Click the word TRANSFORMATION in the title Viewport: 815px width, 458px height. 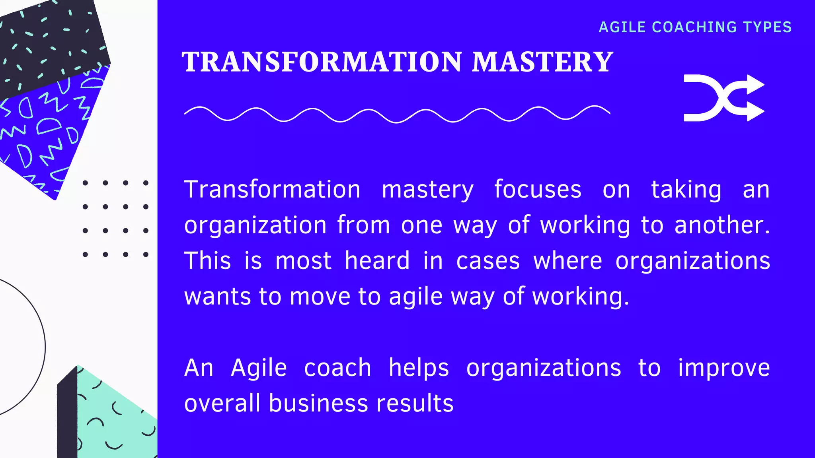[322, 62]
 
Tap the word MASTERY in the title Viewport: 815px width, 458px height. [542, 62]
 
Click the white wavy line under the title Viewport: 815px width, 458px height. [397, 114]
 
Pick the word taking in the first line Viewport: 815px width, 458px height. [686, 190]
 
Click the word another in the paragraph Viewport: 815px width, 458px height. [722, 225]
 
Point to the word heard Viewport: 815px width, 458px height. [377, 261]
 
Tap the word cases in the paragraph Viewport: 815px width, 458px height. [488, 261]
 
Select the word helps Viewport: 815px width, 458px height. [419, 368]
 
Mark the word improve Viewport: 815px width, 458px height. [724, 368]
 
